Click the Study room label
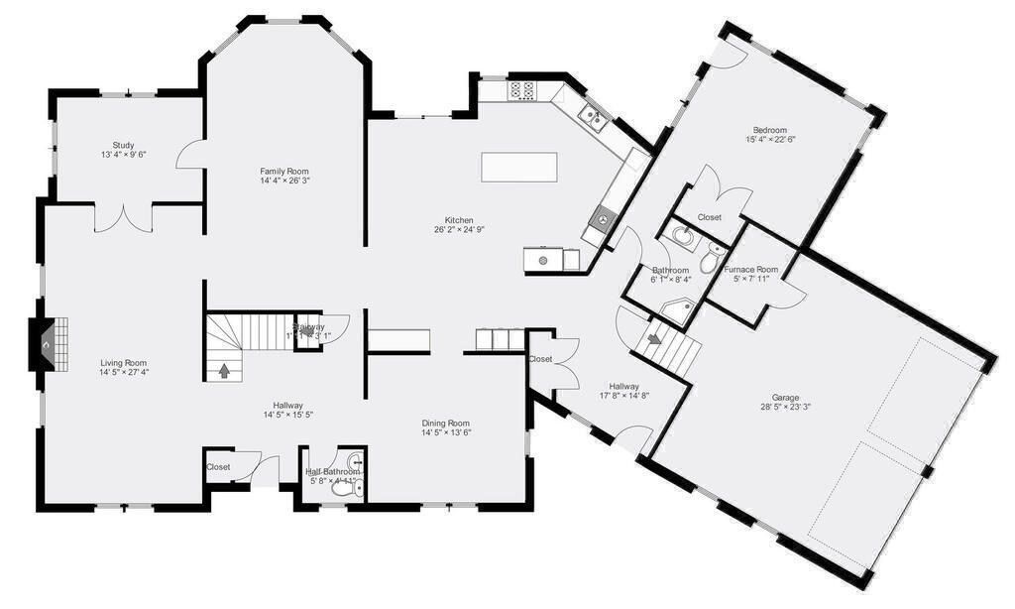click(123, 145)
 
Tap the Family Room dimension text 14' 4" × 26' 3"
click(284, 182)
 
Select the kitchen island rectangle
click(519, 167)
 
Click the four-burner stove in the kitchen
click(522, 91)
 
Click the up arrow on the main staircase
click(224, 372)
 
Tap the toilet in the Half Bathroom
click(344, 488)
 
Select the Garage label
click(786, 398)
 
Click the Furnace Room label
click(751, 270)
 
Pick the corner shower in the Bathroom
click(677, 311)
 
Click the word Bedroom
click(769, 130)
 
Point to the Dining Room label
click(446, 423)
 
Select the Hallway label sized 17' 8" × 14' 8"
click(624, 387)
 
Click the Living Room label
click(123, 363)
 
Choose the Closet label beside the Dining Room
click(540, 359)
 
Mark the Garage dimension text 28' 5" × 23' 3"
click(786, 408)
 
